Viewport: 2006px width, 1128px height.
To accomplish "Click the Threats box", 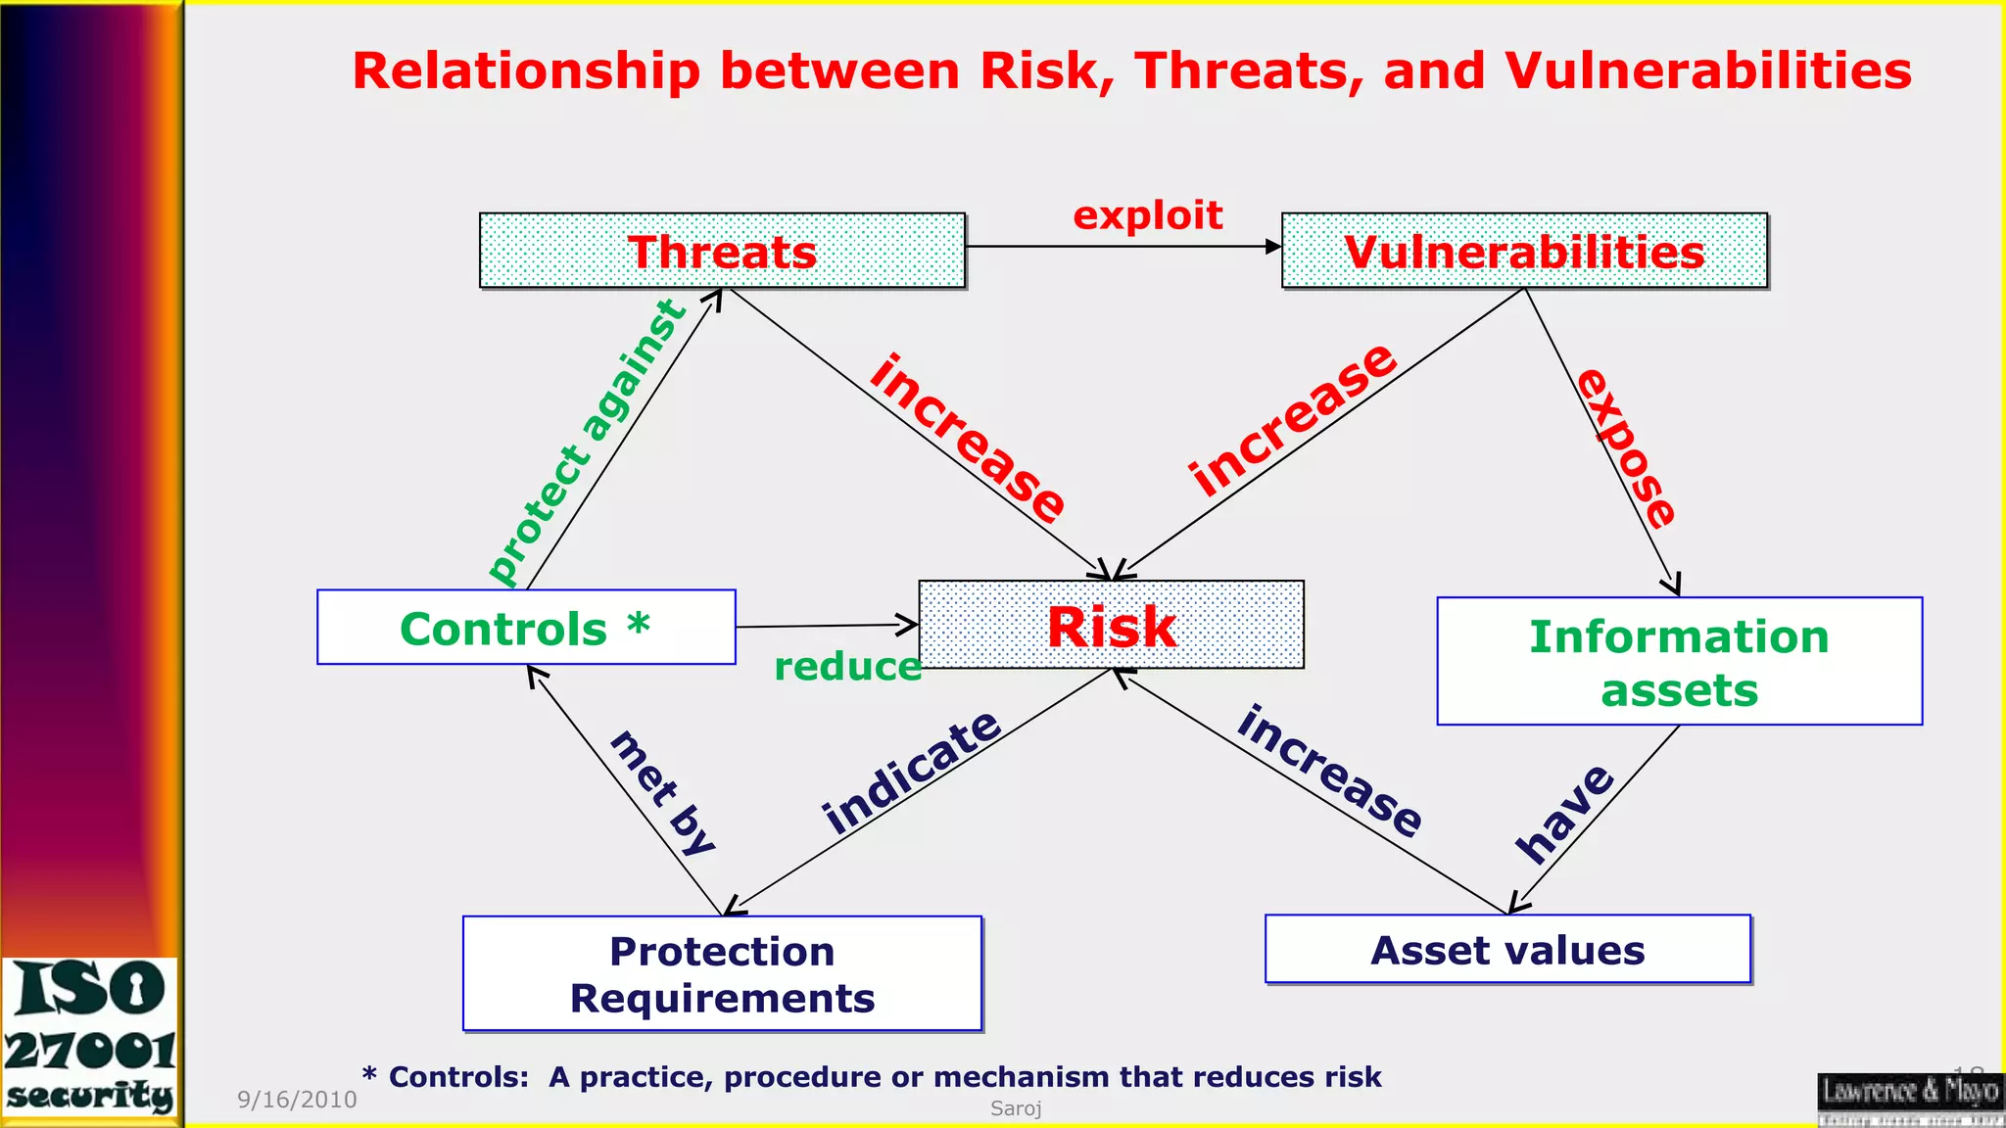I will click(722, 251).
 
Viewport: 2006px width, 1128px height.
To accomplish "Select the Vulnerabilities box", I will click(1524, 251).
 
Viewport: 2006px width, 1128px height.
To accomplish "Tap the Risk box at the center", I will click(1111, 625).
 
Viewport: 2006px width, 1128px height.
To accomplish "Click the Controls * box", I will click(526, 627).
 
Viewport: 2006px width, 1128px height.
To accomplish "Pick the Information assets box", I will click(1679, 661).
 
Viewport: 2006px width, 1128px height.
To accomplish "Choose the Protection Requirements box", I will click(722, 973).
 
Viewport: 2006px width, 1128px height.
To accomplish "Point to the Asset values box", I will click(1507, 949).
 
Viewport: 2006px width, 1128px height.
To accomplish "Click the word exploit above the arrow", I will click(1147, 214).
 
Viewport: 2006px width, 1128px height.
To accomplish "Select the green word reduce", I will click(847, 667).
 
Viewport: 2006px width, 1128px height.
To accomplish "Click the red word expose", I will click(1627, 448).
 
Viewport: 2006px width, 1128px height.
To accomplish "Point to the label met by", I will click(663, 793).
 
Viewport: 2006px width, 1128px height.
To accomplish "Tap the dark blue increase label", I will click(1329, 771).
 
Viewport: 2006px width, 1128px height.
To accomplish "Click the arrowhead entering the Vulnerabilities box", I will click(1273, 247).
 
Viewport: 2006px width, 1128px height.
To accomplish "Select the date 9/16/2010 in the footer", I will click(297, 1100).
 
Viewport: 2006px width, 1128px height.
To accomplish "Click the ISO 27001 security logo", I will click(90, 1038).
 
